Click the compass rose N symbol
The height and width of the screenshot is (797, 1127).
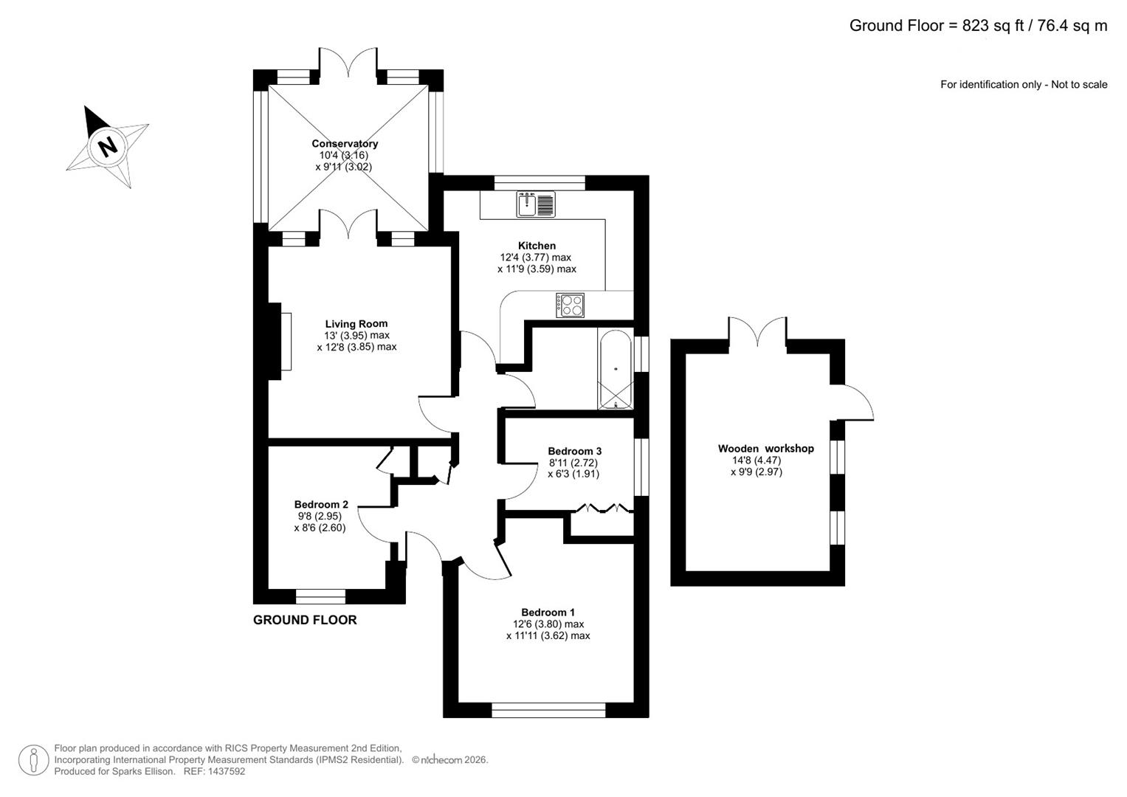[108, 145]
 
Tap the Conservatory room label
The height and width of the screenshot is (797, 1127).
[345, 144]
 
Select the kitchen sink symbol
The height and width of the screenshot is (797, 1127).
[535, 204]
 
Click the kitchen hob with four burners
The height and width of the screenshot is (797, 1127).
[571, 305]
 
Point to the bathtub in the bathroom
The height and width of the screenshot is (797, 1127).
[615, 370]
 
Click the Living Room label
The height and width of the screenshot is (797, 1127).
[356, 324]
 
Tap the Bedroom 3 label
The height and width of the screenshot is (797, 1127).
[574, 451]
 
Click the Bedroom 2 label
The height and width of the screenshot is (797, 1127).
[321, 505]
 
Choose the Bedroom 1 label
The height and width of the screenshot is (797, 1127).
[548, 613]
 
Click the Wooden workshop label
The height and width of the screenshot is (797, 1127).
[765, 449]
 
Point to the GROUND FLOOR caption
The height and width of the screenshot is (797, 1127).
[305, 620]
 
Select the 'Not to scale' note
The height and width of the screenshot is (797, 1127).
[1079, 85]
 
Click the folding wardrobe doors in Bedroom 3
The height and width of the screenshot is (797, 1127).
[604, 508]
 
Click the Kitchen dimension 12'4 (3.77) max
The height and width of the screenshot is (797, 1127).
[536, 258]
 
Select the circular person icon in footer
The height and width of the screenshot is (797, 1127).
[33, 760]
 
